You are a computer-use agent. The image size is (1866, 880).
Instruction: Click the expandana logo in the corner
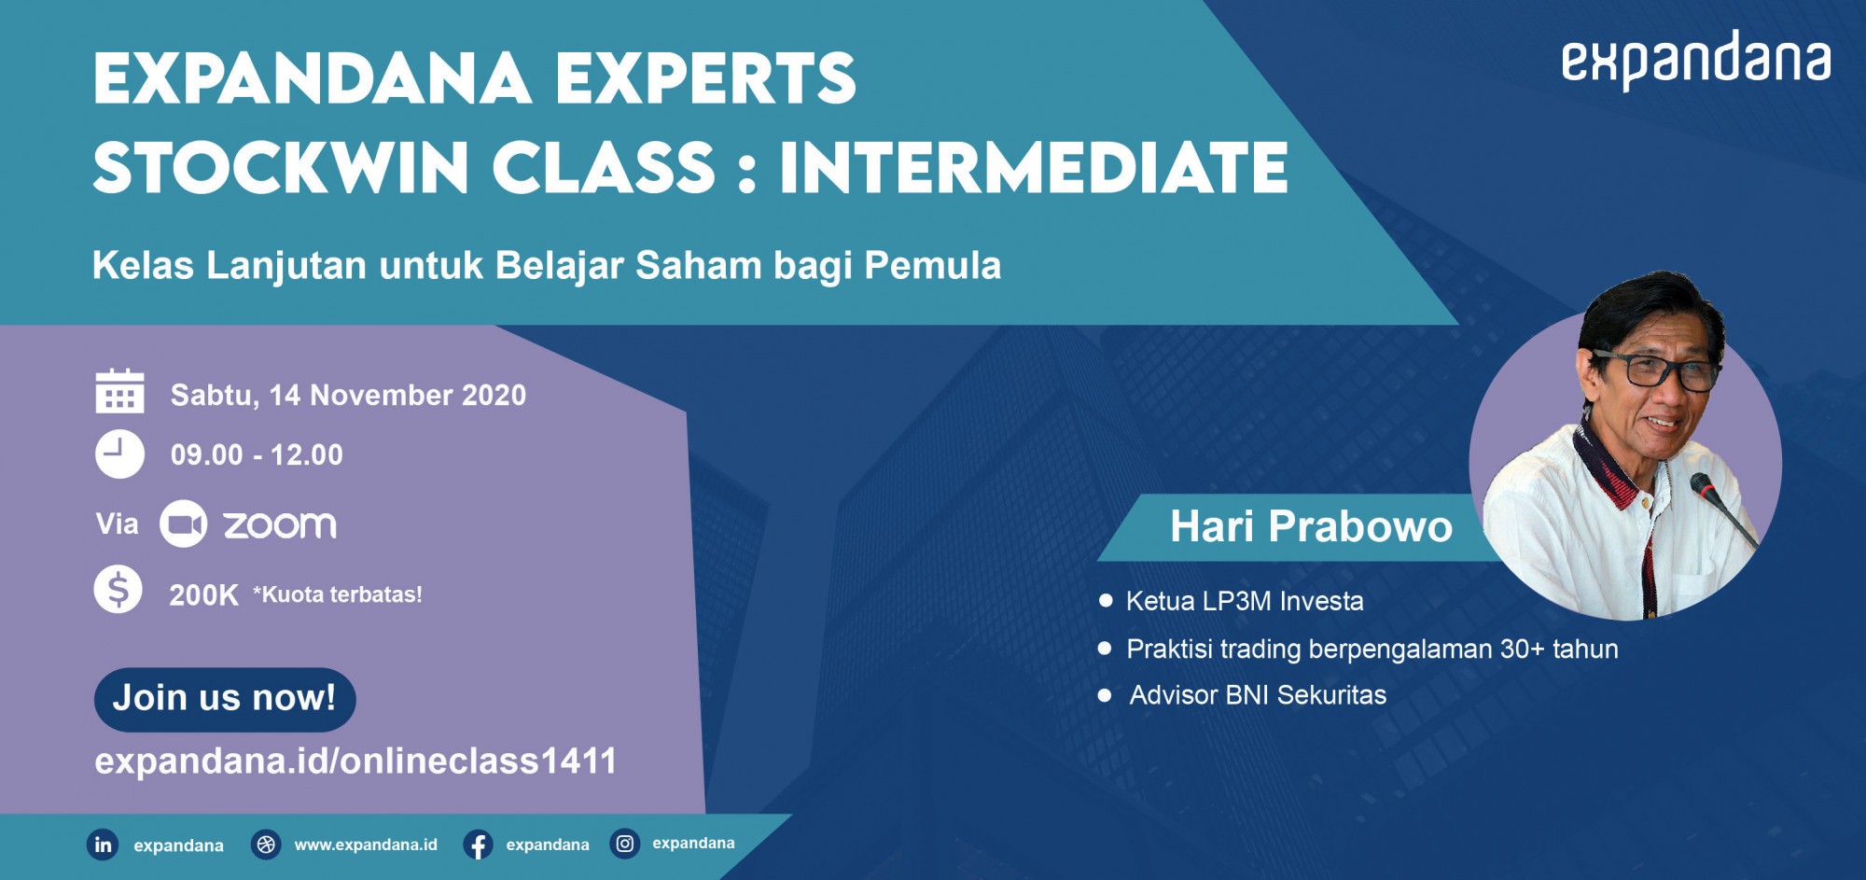pos(1695,60)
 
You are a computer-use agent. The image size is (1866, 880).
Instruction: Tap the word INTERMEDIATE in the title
pos(1034,167)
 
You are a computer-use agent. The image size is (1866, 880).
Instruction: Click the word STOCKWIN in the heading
pos(281,167)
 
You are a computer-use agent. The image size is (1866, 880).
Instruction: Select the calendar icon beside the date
pos(119,391)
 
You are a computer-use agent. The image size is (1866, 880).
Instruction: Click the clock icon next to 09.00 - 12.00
pos(119,454)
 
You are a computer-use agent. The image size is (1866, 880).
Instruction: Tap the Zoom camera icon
pos(183,524)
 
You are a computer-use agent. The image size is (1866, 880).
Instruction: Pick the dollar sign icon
pos(118,590)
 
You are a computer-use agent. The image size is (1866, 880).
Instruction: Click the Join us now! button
pos(225,699)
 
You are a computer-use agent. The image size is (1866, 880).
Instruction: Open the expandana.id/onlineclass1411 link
pos(355,761)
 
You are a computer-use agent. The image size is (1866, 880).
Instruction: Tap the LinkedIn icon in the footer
pos(103,845)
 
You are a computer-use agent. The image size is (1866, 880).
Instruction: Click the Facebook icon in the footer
pos(478,845)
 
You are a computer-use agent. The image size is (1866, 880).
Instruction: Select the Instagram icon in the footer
pos(624,844)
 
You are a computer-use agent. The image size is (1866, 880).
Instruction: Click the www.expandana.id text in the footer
pos(366,845)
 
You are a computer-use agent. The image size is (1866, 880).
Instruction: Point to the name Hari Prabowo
pos(1311,526)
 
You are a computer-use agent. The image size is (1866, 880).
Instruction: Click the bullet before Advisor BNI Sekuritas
pos(1106,695)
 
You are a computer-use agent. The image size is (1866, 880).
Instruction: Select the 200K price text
pos(203,595)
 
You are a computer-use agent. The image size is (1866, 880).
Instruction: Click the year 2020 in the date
pos(494,396)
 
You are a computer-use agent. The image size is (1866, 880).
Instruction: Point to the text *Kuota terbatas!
pos(338,594)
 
